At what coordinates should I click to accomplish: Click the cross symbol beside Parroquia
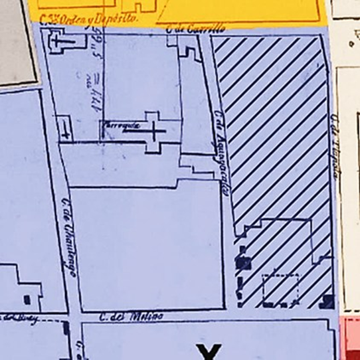155,132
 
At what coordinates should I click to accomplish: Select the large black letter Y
210,351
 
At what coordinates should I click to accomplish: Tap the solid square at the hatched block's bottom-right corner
327,302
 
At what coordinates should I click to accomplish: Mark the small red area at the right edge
350,338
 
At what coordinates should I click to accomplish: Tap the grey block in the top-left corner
17,40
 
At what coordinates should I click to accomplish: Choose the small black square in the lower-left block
27,298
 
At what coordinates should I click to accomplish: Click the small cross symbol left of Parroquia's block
64,128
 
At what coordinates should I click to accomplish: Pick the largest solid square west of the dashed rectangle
244,262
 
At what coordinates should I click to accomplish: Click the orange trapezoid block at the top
239,11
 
